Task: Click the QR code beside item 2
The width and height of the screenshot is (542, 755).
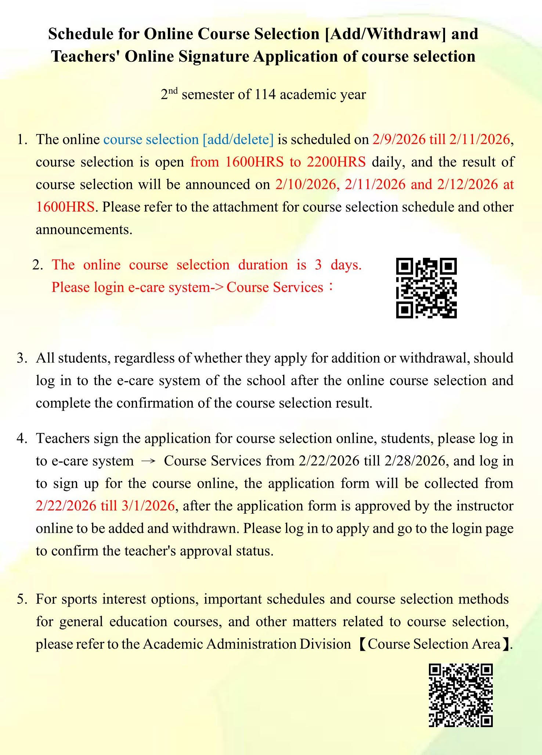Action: click(426, 288)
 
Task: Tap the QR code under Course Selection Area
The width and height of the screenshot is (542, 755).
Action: click(460, 695)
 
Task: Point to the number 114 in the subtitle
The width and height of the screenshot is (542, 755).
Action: click(265, 95)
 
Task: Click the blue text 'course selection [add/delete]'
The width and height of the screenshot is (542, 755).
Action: click(188, 140)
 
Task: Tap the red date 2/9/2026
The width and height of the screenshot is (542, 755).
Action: click(399, 140)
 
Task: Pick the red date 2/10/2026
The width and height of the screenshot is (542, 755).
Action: click(306, 184)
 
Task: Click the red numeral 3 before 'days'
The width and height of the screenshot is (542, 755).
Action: click(318, 265)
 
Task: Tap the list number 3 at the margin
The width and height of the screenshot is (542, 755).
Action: click(21, 358)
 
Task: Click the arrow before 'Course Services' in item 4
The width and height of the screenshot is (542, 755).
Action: click(149, 461)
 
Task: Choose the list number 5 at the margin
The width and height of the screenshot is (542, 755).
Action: click(21, 599)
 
